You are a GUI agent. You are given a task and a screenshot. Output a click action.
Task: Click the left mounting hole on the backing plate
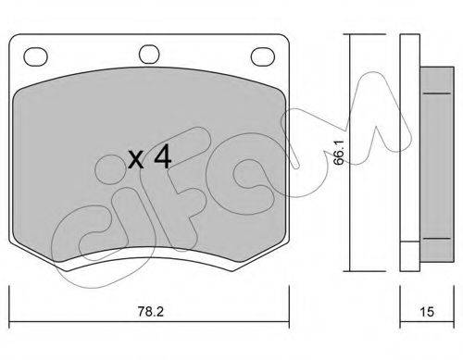click(35, 56)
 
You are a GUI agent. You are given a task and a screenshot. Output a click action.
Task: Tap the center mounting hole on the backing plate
click(149, 55)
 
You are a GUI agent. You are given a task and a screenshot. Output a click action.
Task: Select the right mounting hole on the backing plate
click(263, 56)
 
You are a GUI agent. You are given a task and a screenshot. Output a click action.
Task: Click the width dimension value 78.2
click(150, 312)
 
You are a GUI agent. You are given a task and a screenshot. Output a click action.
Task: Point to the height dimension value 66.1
click(339, 153)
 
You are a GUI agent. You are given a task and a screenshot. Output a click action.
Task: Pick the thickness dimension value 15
click(427, 312)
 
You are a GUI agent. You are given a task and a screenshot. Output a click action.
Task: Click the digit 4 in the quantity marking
click(163, 157)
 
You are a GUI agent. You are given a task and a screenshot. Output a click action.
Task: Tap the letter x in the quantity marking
click(136, 160)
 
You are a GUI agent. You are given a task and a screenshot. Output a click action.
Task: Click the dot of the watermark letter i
click(108, 169)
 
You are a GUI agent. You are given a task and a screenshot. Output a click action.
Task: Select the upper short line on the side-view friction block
click(436, 93)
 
